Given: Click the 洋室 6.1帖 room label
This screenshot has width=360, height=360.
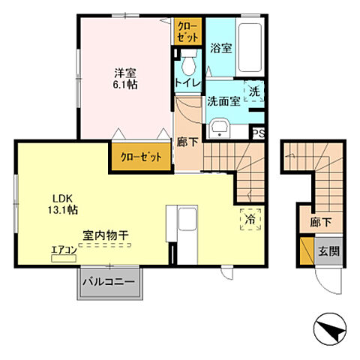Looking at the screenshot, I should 125,79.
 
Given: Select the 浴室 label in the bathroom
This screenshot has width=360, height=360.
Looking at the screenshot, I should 220,46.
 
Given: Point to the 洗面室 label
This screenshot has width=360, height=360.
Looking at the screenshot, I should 223,101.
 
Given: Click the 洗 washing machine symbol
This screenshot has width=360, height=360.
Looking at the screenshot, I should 254,91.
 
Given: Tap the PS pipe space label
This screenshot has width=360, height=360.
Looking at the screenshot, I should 257,134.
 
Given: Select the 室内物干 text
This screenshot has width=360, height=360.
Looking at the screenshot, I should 104,235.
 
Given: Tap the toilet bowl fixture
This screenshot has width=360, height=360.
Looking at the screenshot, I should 188,59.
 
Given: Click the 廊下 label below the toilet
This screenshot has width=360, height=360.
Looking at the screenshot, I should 187,139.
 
